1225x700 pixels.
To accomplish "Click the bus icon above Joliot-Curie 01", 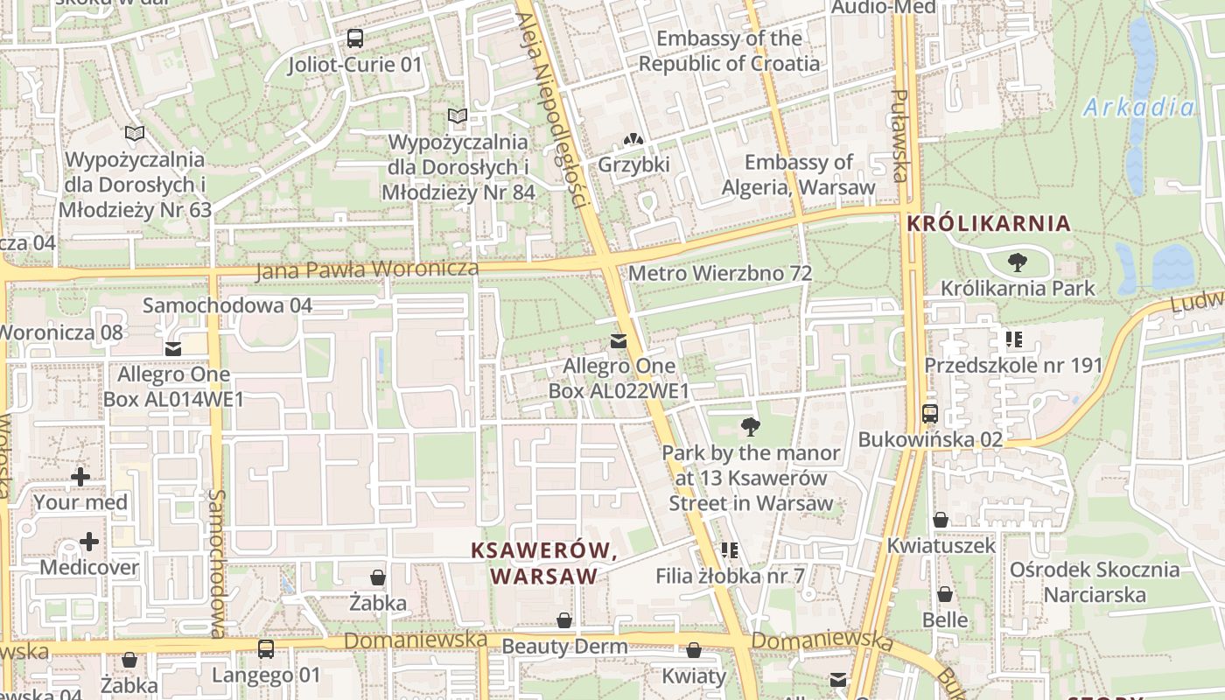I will (354, 38).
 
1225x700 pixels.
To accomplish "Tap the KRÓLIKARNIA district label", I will (989, 223).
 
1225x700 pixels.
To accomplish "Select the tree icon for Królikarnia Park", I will (1017, 262).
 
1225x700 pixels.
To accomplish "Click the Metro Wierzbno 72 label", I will (720, 273).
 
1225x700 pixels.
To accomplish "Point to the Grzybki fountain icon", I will (633, 139).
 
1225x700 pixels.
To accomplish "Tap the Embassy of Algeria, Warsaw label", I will (798, 175).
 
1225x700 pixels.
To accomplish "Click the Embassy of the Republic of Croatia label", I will (729, 51).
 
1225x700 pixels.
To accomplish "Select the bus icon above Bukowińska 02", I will (930, 414).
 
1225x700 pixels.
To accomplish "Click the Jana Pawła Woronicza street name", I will (367, 270).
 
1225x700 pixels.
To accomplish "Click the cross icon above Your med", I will (80, 477).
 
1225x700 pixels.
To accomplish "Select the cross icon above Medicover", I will (89, 542).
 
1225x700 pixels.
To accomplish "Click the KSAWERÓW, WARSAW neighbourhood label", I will (544, 563).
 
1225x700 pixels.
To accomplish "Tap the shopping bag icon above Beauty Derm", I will (564, 620).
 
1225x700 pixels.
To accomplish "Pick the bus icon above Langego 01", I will (266, 649).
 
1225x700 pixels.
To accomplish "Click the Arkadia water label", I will (1138, 108).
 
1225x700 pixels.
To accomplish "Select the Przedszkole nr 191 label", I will (1013, 365).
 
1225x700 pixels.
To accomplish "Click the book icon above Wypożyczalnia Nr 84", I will (458, 115).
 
